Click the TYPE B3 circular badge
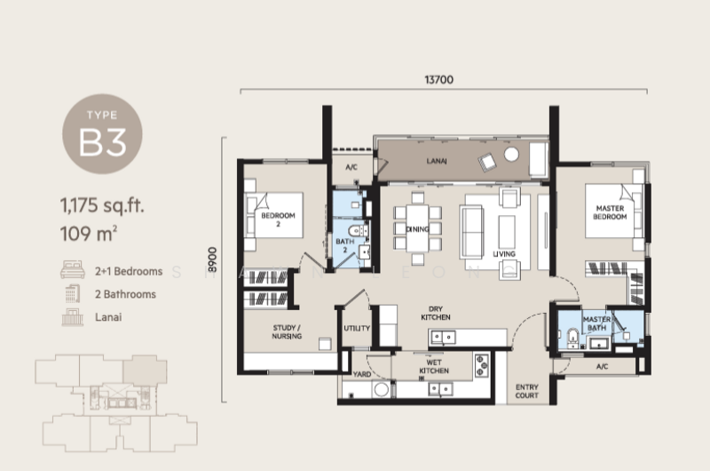102,133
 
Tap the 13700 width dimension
438,80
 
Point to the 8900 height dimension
212,259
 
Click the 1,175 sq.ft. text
102,205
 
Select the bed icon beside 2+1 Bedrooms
73,269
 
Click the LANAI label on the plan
437,161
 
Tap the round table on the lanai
511,154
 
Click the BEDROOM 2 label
278,220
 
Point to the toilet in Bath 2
359,231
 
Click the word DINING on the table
417,229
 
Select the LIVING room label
504,254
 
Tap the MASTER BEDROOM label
610,212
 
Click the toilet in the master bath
572,338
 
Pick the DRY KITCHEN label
436,313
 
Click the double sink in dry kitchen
443,337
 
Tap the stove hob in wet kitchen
481,365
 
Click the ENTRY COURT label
526,391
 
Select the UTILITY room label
357,328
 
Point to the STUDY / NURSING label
287,331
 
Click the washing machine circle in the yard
382,389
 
